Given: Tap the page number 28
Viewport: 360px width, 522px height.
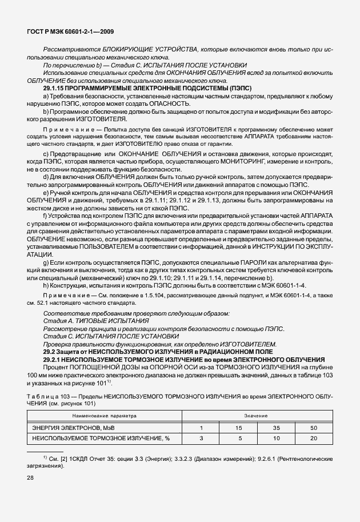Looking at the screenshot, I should click(x=30, y=476).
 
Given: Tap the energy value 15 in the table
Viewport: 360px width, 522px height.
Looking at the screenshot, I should click(x=239, y=427).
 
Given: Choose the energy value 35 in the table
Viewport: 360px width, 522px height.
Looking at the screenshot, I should click(x=277, y=427).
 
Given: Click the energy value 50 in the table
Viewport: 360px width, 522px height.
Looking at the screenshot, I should click(x=313, y=427).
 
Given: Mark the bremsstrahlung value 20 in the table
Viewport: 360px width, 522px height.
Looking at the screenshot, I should click(x=313, y=439).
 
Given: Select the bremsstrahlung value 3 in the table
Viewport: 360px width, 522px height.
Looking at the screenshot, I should click(x=201, y=439).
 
